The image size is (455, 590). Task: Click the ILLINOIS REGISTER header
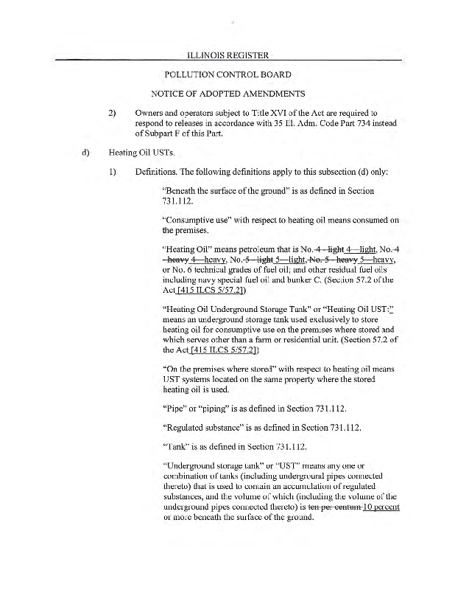pos(227,55)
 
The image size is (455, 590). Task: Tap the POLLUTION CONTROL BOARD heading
pos(227,74)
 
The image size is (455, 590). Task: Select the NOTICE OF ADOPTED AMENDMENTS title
pos(227,94)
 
